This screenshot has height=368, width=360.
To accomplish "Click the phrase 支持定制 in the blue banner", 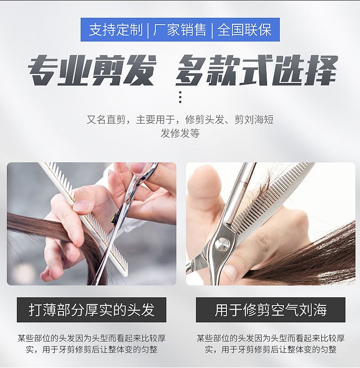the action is pyautogui.click(x=116, y=30).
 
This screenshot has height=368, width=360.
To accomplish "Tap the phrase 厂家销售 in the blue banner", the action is pyautogui.click(x=180, y=30).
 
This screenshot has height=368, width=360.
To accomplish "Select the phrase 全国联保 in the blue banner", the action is pyautogui.click(x=244, y=30).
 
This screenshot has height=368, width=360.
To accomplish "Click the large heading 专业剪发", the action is pyautogui.click(x=93, y=70).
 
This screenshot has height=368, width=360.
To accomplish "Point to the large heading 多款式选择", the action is pyautogui.click(x=257, y=70).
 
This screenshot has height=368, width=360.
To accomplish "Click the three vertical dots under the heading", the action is pyautogui.click(x=180, y=97).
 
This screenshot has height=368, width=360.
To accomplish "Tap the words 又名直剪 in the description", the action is pyautogui.click(x=106, y=119).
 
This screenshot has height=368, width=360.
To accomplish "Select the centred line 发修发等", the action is pyautogui.click(x=180, y=133).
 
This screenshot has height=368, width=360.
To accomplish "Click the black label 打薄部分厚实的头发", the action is pyautogui.click(x=92, y=310).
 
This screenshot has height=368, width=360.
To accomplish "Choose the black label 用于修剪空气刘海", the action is pyautogui.click(x=271, y=310).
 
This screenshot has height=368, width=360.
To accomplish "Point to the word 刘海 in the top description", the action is pyautogui.click(x=254, y=119).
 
